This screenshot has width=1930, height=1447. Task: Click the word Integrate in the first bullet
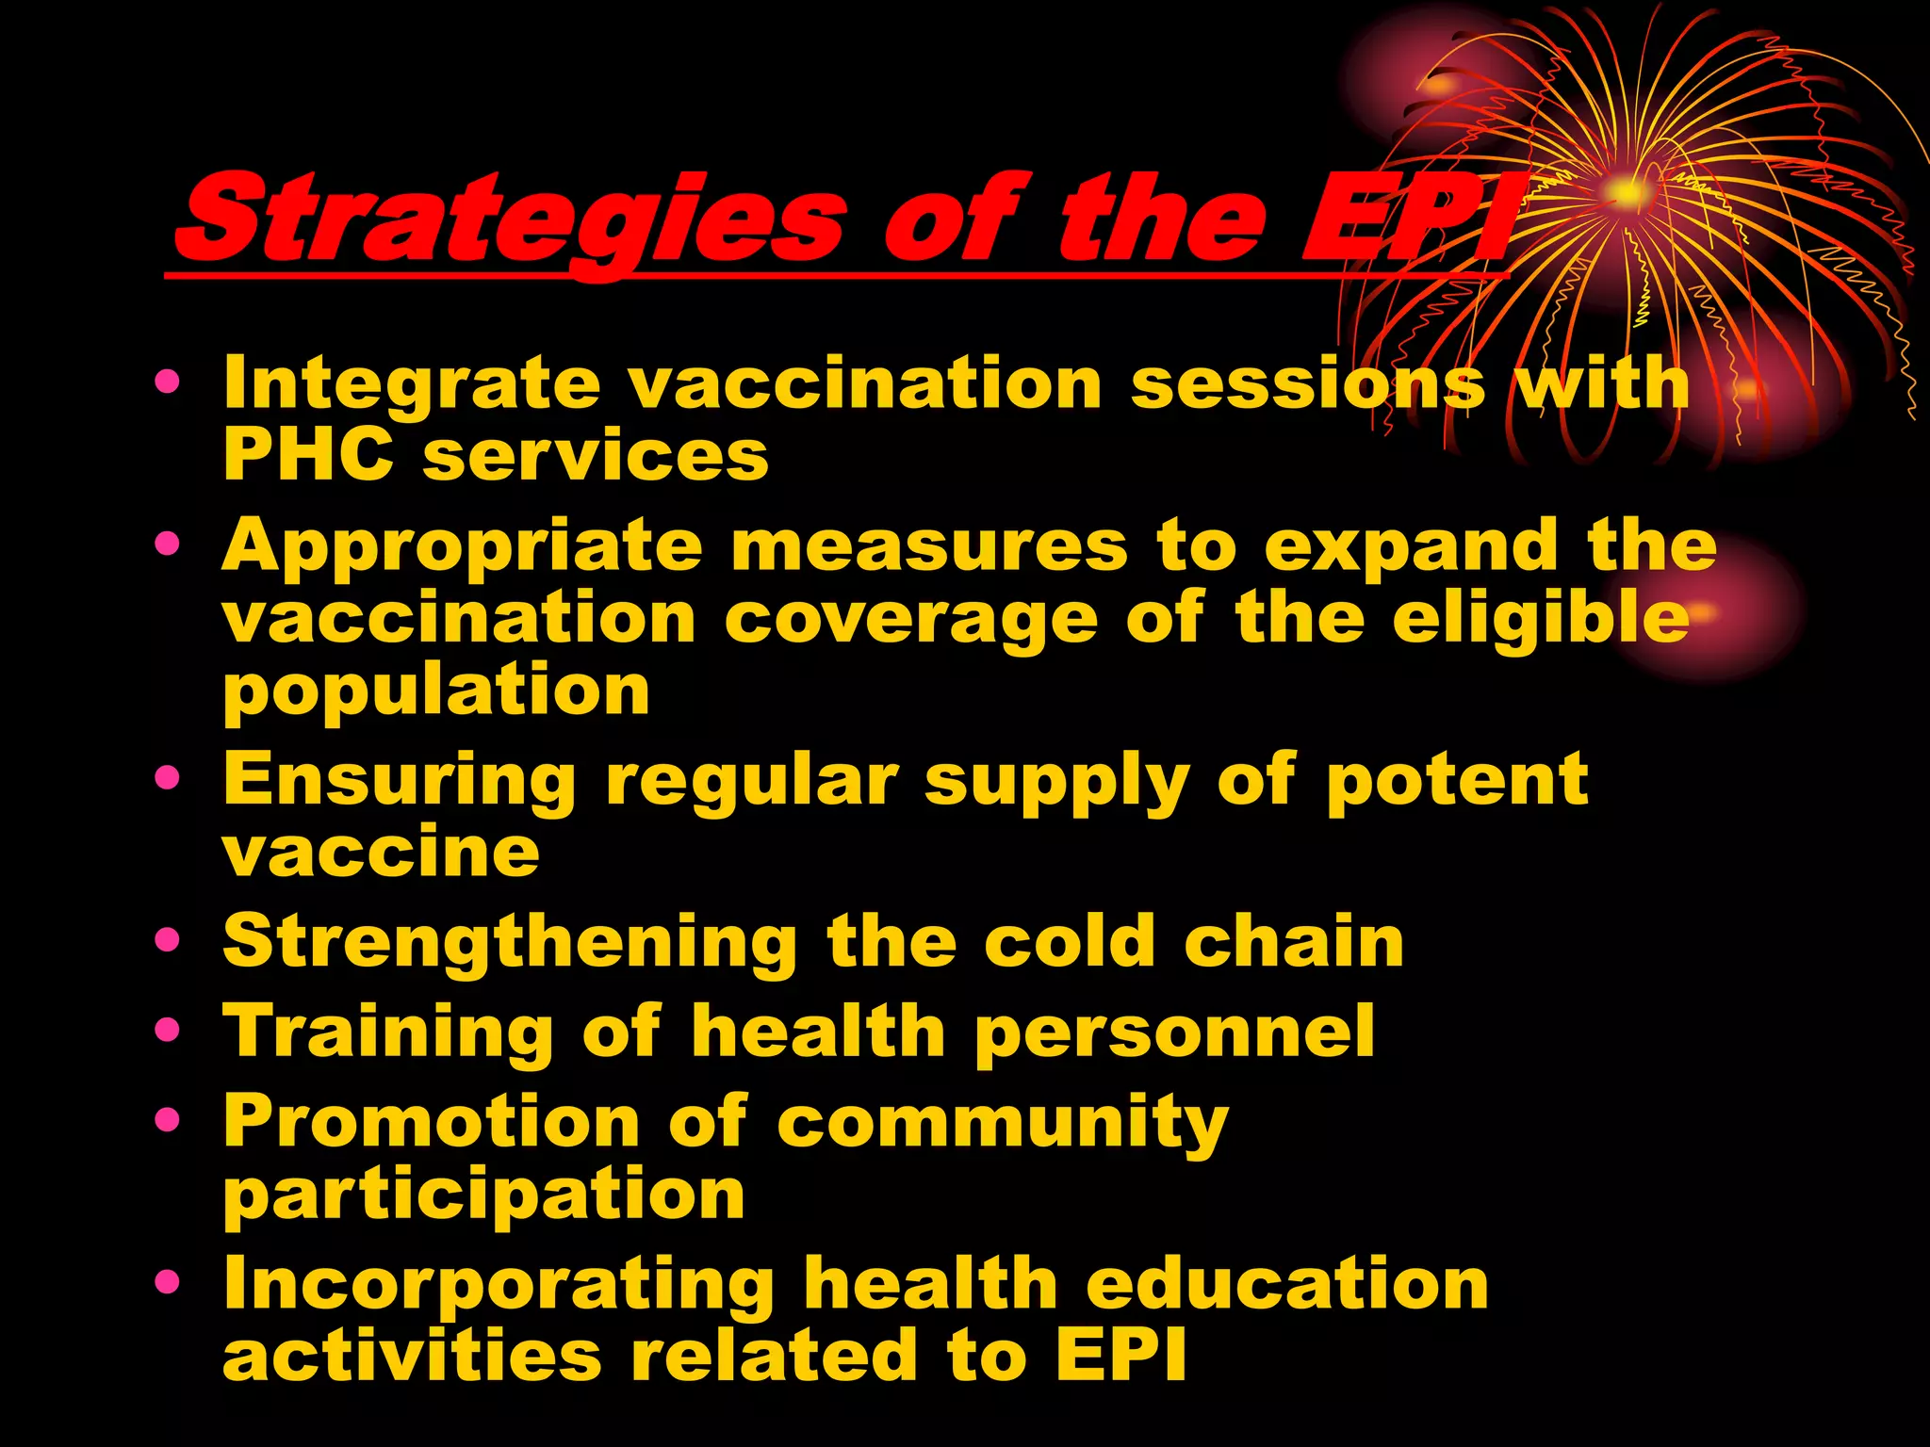click(x=411, y=384)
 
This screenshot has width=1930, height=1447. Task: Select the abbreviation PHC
click(x=308, y=456)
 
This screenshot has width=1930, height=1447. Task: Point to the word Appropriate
click(x=462, y=547)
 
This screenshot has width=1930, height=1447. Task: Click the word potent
click(x=1457, y=781)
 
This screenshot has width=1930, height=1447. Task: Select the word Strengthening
click(x=510, y=942)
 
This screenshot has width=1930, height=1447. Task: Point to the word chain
click(x=1294, y=942)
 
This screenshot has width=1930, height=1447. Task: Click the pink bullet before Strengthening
click(x=167, y=939)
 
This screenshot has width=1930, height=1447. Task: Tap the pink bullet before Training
click(x=167, y=1030)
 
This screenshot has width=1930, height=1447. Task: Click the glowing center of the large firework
click(x=1627, y=192)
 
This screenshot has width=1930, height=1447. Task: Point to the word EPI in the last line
click(x=1120, y=1357)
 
